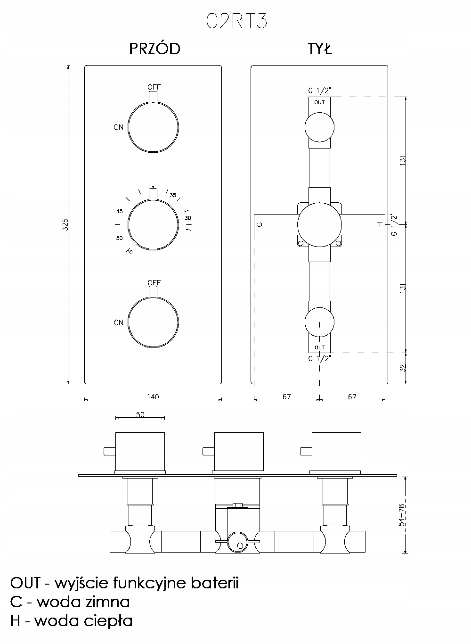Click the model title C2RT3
(236, 22)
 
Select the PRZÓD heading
(154, 49)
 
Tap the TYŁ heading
(320, 49)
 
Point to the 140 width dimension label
(153, 396)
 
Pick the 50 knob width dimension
(140, 415)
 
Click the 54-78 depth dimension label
(401, 515)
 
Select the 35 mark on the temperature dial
(173, 195)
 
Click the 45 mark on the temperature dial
(119, 211)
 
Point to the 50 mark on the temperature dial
(120, 238)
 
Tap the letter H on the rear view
(380, 224)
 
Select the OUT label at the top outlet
(319, 102)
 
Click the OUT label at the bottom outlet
(320, 347)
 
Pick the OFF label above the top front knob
(154, 87)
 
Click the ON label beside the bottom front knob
(118, 323)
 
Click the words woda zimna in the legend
(83, 602)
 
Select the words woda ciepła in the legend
(83, 621)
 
